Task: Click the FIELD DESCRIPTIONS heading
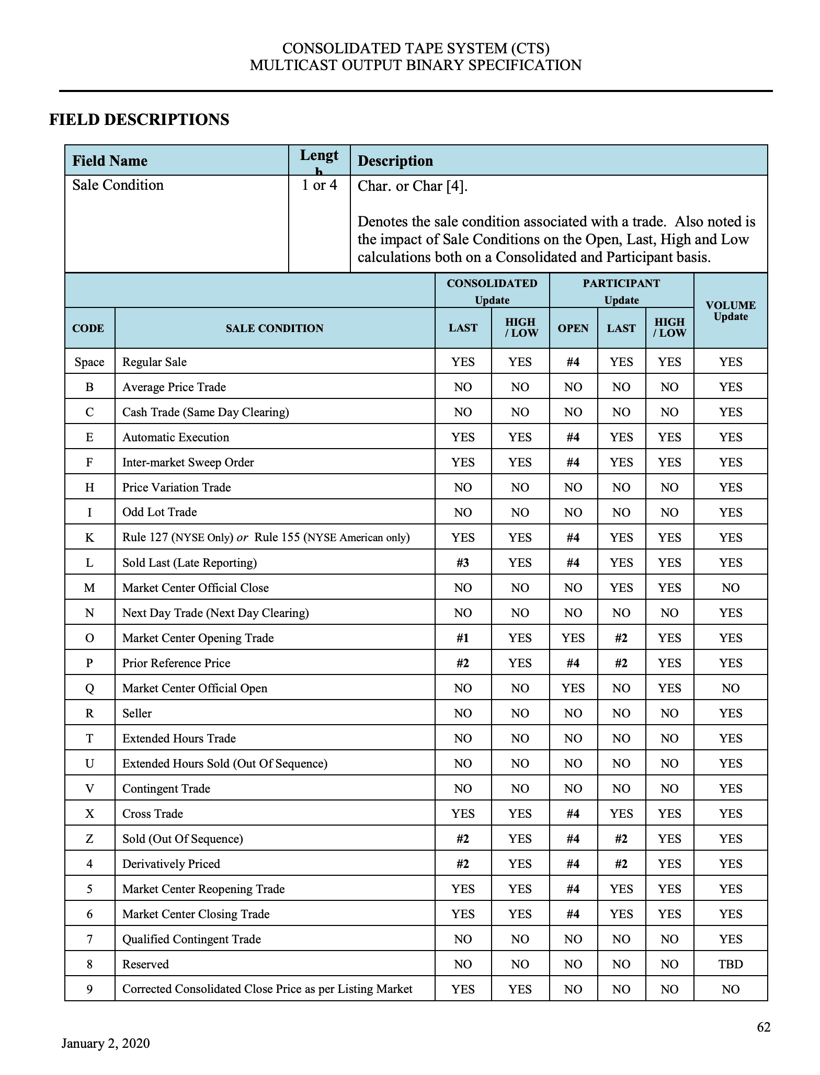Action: (139, 120)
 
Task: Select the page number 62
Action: (764, 1027)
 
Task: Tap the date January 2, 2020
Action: (106, 1044)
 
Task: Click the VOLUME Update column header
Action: (731, 311)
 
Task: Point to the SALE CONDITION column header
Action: (275, 328)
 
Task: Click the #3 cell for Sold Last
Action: (463, 563)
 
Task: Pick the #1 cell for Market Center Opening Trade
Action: (463, 638)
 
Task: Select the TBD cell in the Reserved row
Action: (731, 964)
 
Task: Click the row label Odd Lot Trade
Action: (160, 512)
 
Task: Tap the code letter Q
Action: (89, 688)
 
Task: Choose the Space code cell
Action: (89, 362)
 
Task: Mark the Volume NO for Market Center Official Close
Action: (731, 588)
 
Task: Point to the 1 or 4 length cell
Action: (319, 186)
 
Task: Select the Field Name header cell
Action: (110, 161)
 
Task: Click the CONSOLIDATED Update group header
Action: (492, 291)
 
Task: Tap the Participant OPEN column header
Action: (573, 328)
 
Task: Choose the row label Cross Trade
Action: (153, 814)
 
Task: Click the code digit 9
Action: (89, 989)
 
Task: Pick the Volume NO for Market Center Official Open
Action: (731, 688)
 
